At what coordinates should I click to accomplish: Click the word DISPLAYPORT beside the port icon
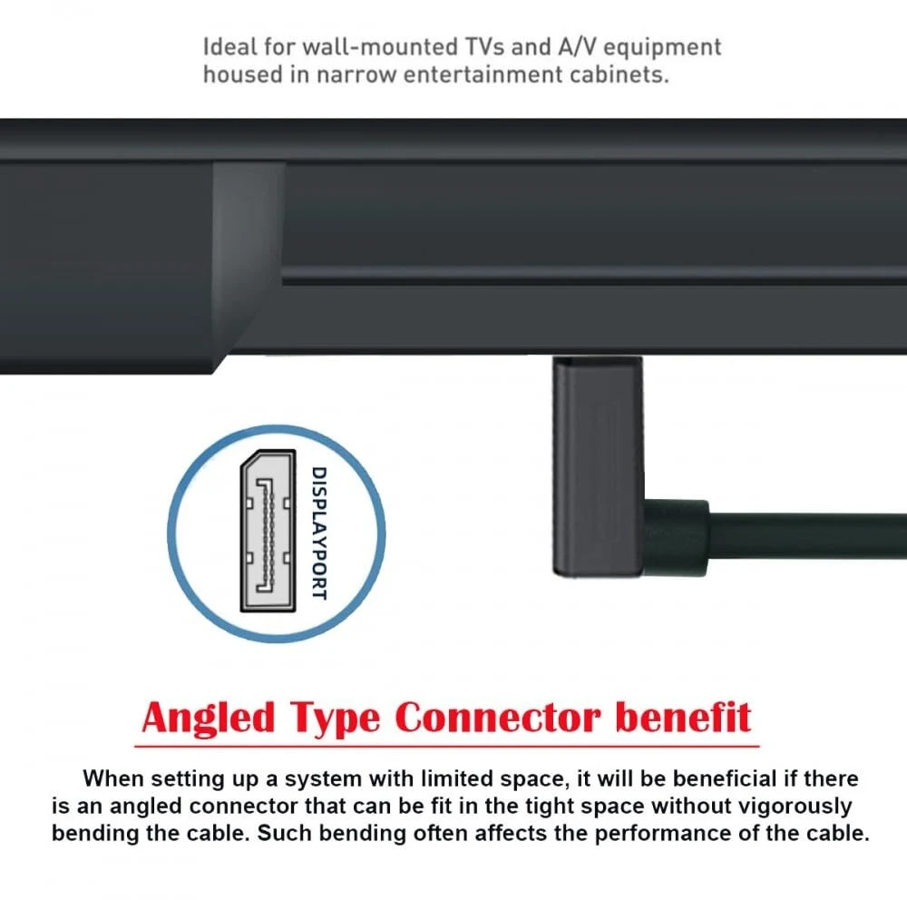pyautogui.click(x=319, y=533)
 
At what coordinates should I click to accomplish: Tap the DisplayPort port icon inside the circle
pyautogui.click(x=268, y=531)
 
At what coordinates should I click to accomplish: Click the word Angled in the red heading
pyautogui.click(x=209, y=719)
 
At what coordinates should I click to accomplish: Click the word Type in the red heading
pyautogui.click(x=335, y=719)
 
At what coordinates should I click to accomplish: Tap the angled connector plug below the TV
pyautogui.click(x=598, y=466)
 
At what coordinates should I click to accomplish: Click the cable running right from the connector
pyautogui.click(x=807, y=535)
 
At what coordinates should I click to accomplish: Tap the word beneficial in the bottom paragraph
pyautogui.click(x=725, y=778)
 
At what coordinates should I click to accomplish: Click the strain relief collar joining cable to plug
pyautogui.click(x=676, y=536)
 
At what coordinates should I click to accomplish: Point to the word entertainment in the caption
pyautogui.click(x=483, y=74)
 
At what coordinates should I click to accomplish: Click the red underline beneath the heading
pyautogui.click(x=446, y=746)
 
